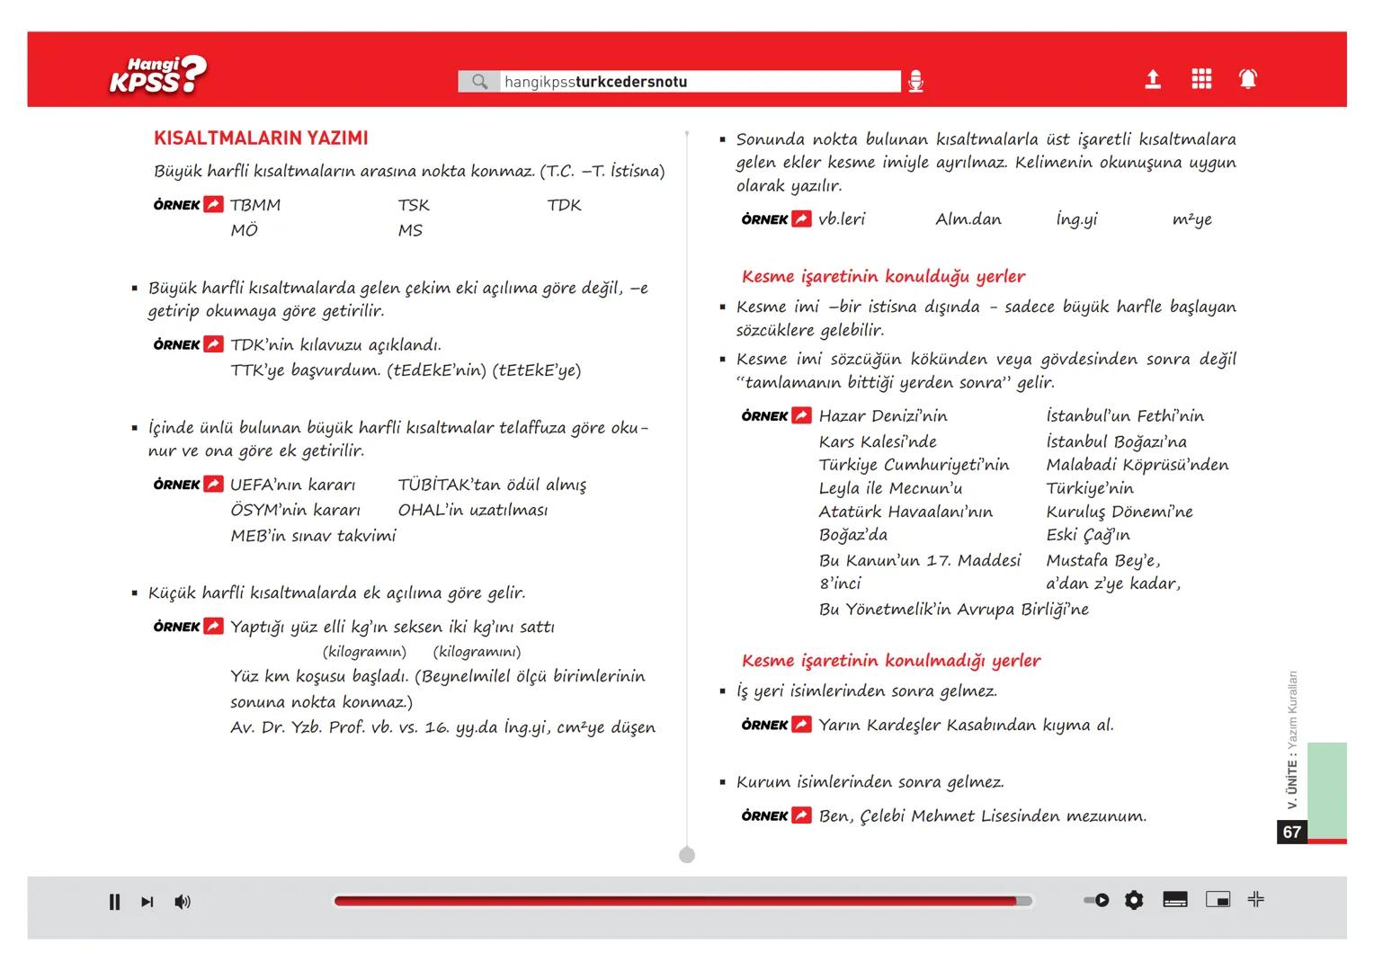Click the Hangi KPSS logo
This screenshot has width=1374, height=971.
[x=157, y=76]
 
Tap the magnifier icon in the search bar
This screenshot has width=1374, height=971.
[x=480, y=82]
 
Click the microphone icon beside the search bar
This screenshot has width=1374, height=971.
[x=915, y=82]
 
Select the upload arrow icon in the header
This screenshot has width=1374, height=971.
[x=1152, y=79]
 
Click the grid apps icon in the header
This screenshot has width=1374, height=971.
[x=1200, y=79]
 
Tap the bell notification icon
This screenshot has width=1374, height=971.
[x=1248, y=79]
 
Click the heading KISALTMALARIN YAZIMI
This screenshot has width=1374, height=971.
[x=261, y=138]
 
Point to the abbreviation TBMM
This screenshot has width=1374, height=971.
[x=255, y=205]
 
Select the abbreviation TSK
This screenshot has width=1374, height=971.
[x=414, y=205]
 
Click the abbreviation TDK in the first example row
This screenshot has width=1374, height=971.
[x=564, y=205]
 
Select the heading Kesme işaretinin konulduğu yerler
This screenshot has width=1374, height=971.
[x=883, y=277]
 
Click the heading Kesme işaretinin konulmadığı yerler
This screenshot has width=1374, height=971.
[x=890, y=661]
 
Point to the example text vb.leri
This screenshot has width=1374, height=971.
[x=842, y=219]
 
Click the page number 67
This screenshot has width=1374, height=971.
[x=1292, y=832]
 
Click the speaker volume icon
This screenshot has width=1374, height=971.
[x=183, y=902]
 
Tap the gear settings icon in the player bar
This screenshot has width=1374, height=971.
[x=1134, y=900]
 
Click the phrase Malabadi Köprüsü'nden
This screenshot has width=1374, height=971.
[x=1137, y=465]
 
